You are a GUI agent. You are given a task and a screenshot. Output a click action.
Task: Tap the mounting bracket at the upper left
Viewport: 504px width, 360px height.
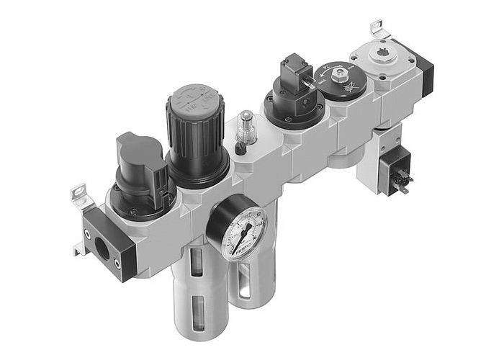coord(78,193)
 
